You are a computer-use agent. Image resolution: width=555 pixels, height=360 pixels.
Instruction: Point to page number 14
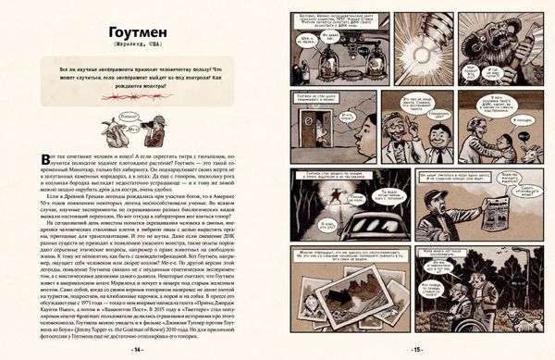[138, 351]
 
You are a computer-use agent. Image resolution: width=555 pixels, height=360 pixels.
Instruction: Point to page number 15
[416, 351]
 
